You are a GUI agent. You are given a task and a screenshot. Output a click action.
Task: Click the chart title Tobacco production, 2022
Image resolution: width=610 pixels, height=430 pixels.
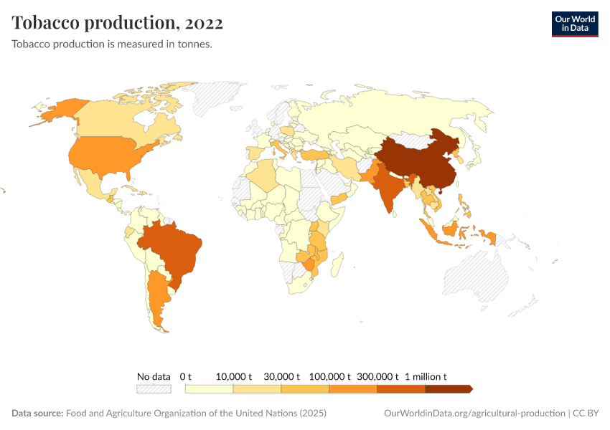click(x=117, y=22)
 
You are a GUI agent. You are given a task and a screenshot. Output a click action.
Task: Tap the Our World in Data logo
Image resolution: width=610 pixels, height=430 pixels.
click(x=574, y=24)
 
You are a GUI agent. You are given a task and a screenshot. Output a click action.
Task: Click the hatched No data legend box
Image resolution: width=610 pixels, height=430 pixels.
click(x=154, y=388)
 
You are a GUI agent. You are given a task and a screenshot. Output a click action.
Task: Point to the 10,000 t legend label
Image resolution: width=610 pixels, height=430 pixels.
click(x=234, y=376)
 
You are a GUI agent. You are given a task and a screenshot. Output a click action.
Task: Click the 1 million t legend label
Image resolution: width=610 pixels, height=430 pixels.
click(x=426, y=376)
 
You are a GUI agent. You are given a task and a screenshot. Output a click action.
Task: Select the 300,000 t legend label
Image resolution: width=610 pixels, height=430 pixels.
click(x=377, y=376)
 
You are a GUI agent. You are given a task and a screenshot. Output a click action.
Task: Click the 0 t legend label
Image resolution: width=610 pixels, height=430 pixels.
click(x=186, y=376)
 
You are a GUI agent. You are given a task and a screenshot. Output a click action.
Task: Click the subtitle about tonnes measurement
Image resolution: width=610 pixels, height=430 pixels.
click(x=111, y=44)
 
